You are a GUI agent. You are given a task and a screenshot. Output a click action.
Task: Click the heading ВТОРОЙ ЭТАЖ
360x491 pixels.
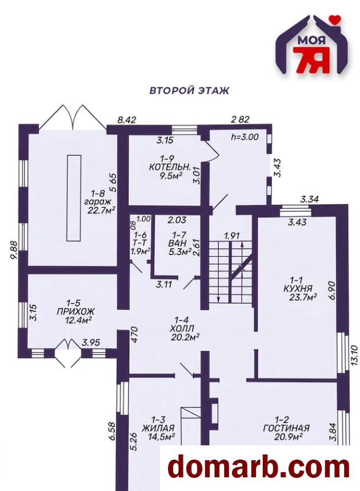[x=189, y=91]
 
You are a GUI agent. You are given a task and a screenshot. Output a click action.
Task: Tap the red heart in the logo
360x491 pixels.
[x=336, y=19]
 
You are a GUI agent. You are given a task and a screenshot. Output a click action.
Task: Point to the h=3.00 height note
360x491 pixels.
[x=245, y=137]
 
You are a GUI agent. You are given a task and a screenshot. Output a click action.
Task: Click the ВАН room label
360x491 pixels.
[x=177, y=243]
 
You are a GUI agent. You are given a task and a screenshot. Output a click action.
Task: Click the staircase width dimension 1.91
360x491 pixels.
[x=232, y=235]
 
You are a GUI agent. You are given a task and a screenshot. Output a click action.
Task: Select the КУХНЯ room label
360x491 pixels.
[x=298, y=288]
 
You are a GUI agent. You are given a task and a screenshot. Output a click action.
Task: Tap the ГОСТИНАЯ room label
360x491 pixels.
[x=286, y=428]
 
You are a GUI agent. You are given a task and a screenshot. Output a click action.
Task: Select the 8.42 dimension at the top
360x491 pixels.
[x=127, y=120]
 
